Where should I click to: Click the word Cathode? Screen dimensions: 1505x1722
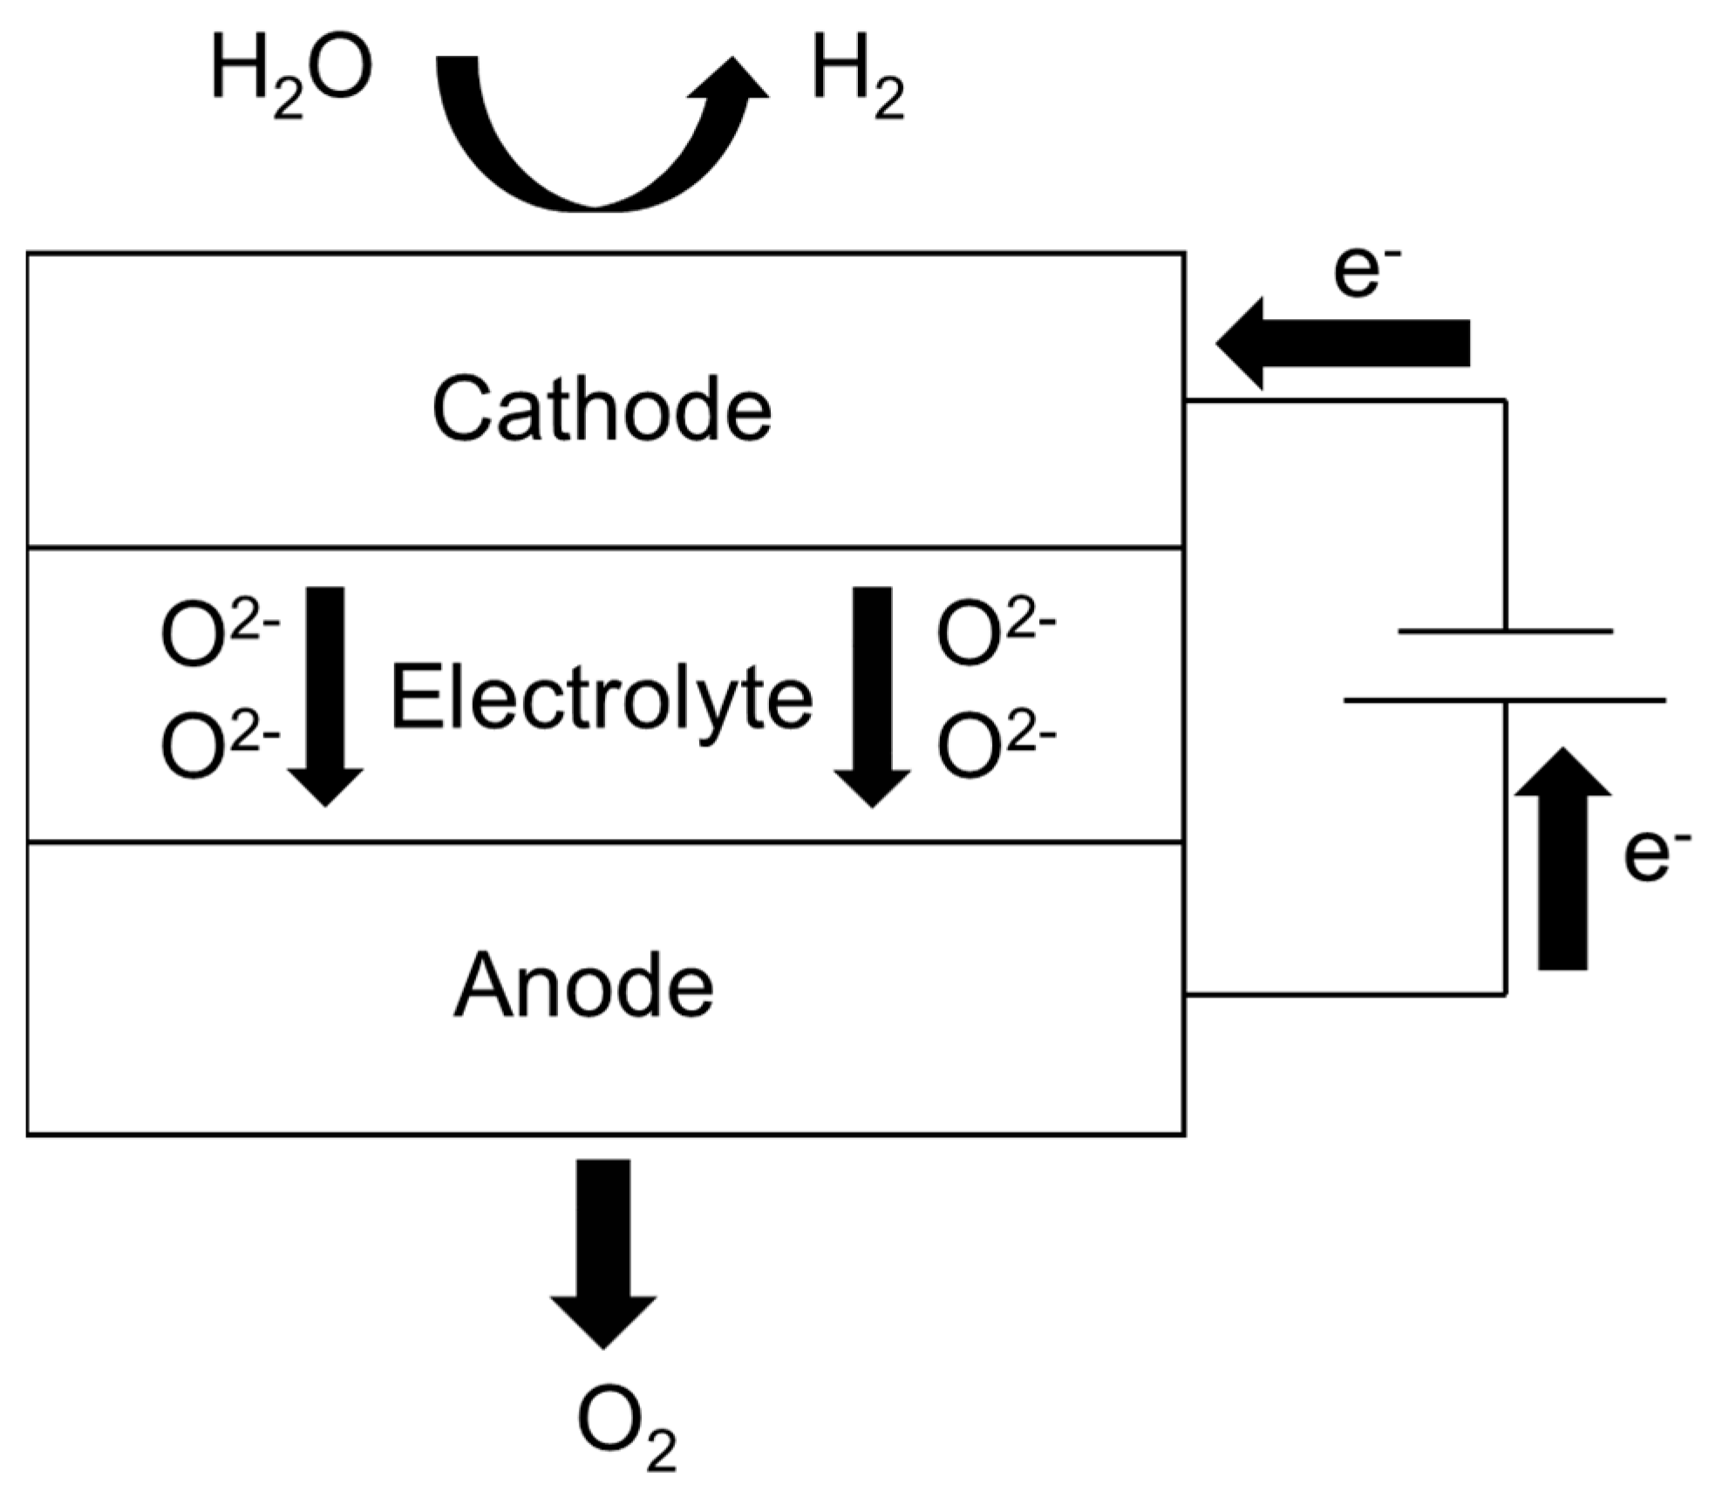[602, 410]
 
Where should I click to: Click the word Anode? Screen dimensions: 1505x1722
[583, 986]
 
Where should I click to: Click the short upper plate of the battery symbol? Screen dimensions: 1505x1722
[1505, 630]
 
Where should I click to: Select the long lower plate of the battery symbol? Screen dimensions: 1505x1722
[1505, 699]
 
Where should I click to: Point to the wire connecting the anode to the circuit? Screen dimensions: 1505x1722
[1343, 993]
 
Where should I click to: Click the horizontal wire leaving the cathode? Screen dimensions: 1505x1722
[1343, 401]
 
